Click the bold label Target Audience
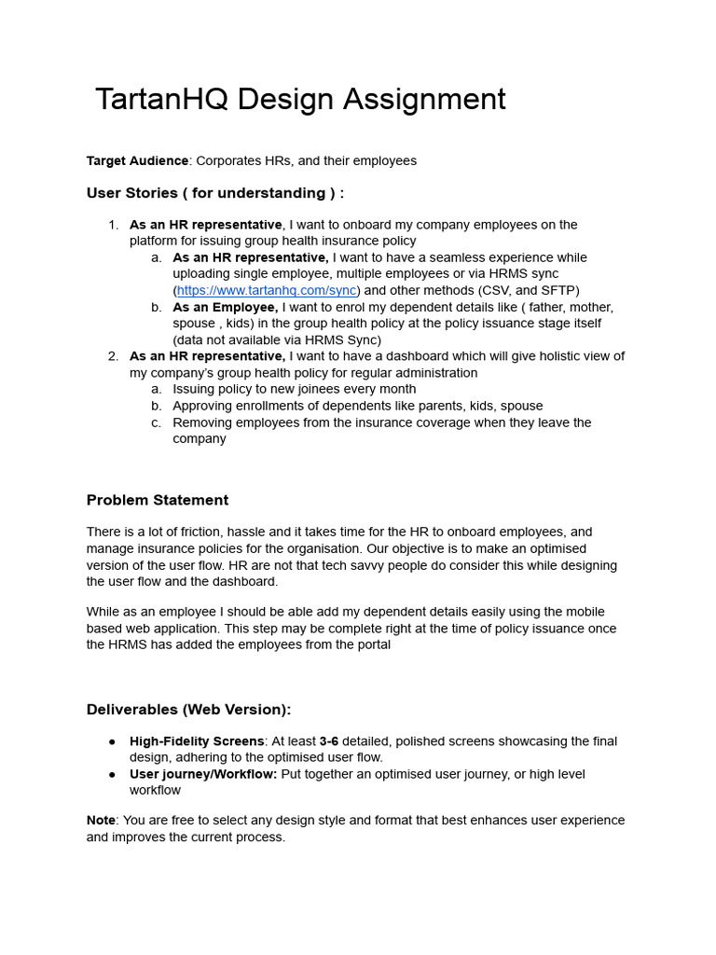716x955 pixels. pos(137,160)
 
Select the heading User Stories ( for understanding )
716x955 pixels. pos(214,193)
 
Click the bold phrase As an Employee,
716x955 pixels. pos(225,307)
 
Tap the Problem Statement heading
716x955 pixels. pos(157,500)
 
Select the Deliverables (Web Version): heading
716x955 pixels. pos(188,709)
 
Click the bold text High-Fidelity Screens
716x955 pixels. pos(197,741)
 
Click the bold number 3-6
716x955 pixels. pos(329,741)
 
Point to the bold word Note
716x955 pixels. pos(101,821)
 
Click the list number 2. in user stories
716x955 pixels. pos(113,356)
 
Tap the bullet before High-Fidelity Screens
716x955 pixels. pos(113,741)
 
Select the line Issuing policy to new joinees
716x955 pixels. pos(294,389)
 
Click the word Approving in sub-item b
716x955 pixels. pos(203,406)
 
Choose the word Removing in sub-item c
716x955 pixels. pos(202,422)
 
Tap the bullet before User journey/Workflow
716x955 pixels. pos(113,774)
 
